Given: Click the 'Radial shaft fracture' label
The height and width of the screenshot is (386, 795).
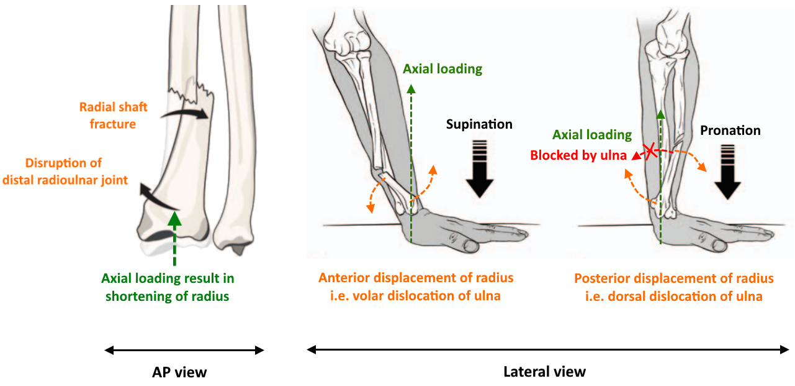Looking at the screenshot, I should pyautogui.click(x=113, y=116).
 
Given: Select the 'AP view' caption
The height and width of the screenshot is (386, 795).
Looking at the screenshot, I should pyautogui.click(x=179, y=372).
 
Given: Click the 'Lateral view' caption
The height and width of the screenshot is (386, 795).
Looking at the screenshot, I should pyautogui.click(x=544, y=372).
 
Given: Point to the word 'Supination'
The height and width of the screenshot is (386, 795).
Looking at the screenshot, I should pyautogui.click(x=479, y=124).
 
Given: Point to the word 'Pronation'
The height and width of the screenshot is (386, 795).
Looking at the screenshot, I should pyautogui.click(x=730, y=131).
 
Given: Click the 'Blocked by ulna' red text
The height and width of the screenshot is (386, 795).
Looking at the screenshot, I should pyautogui.click(x=577, y=155).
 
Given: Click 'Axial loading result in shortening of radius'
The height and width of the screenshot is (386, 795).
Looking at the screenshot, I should pyautogui.click(x=168, y=287).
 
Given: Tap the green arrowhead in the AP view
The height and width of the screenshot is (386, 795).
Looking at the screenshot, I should pyautogui.click(x=175, y=218).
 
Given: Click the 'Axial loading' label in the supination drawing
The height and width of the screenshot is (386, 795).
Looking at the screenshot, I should pyautogui.click(x=442, y=68).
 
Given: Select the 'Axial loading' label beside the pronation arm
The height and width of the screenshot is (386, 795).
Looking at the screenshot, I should pyautogui.click(x=592, y=135).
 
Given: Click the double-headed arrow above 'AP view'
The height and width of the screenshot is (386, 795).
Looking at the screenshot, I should pyautogui.click(x=184, y=351).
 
